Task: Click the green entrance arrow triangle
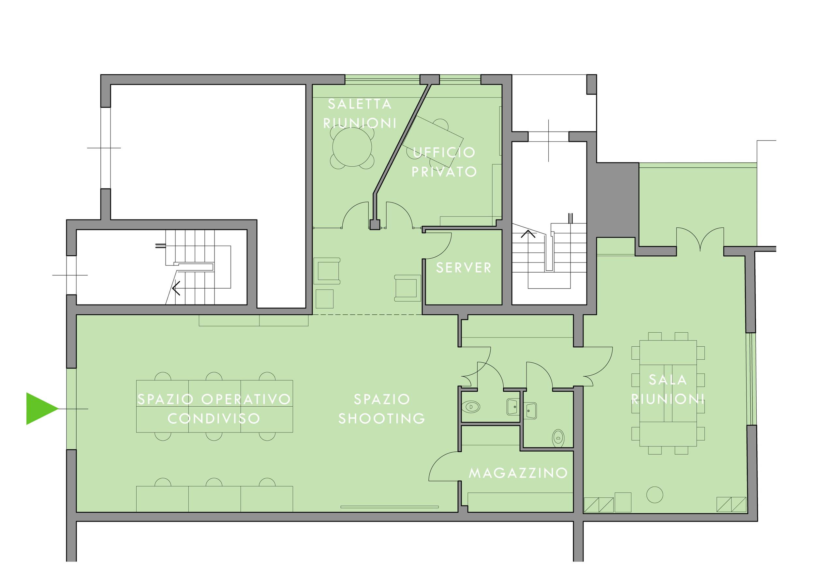tap(39, 409)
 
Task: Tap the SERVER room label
tap(464, 268)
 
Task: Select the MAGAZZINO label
tap(518, 473)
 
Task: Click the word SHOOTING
tap(382, 418)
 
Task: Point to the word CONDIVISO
tap(214, 418)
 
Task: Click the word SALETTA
tap(360, 104)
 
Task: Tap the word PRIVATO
tap(444, 172)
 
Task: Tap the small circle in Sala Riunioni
tap(654, 495)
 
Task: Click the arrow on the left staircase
tap(176, 288)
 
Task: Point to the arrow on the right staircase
tap(528, 234)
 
